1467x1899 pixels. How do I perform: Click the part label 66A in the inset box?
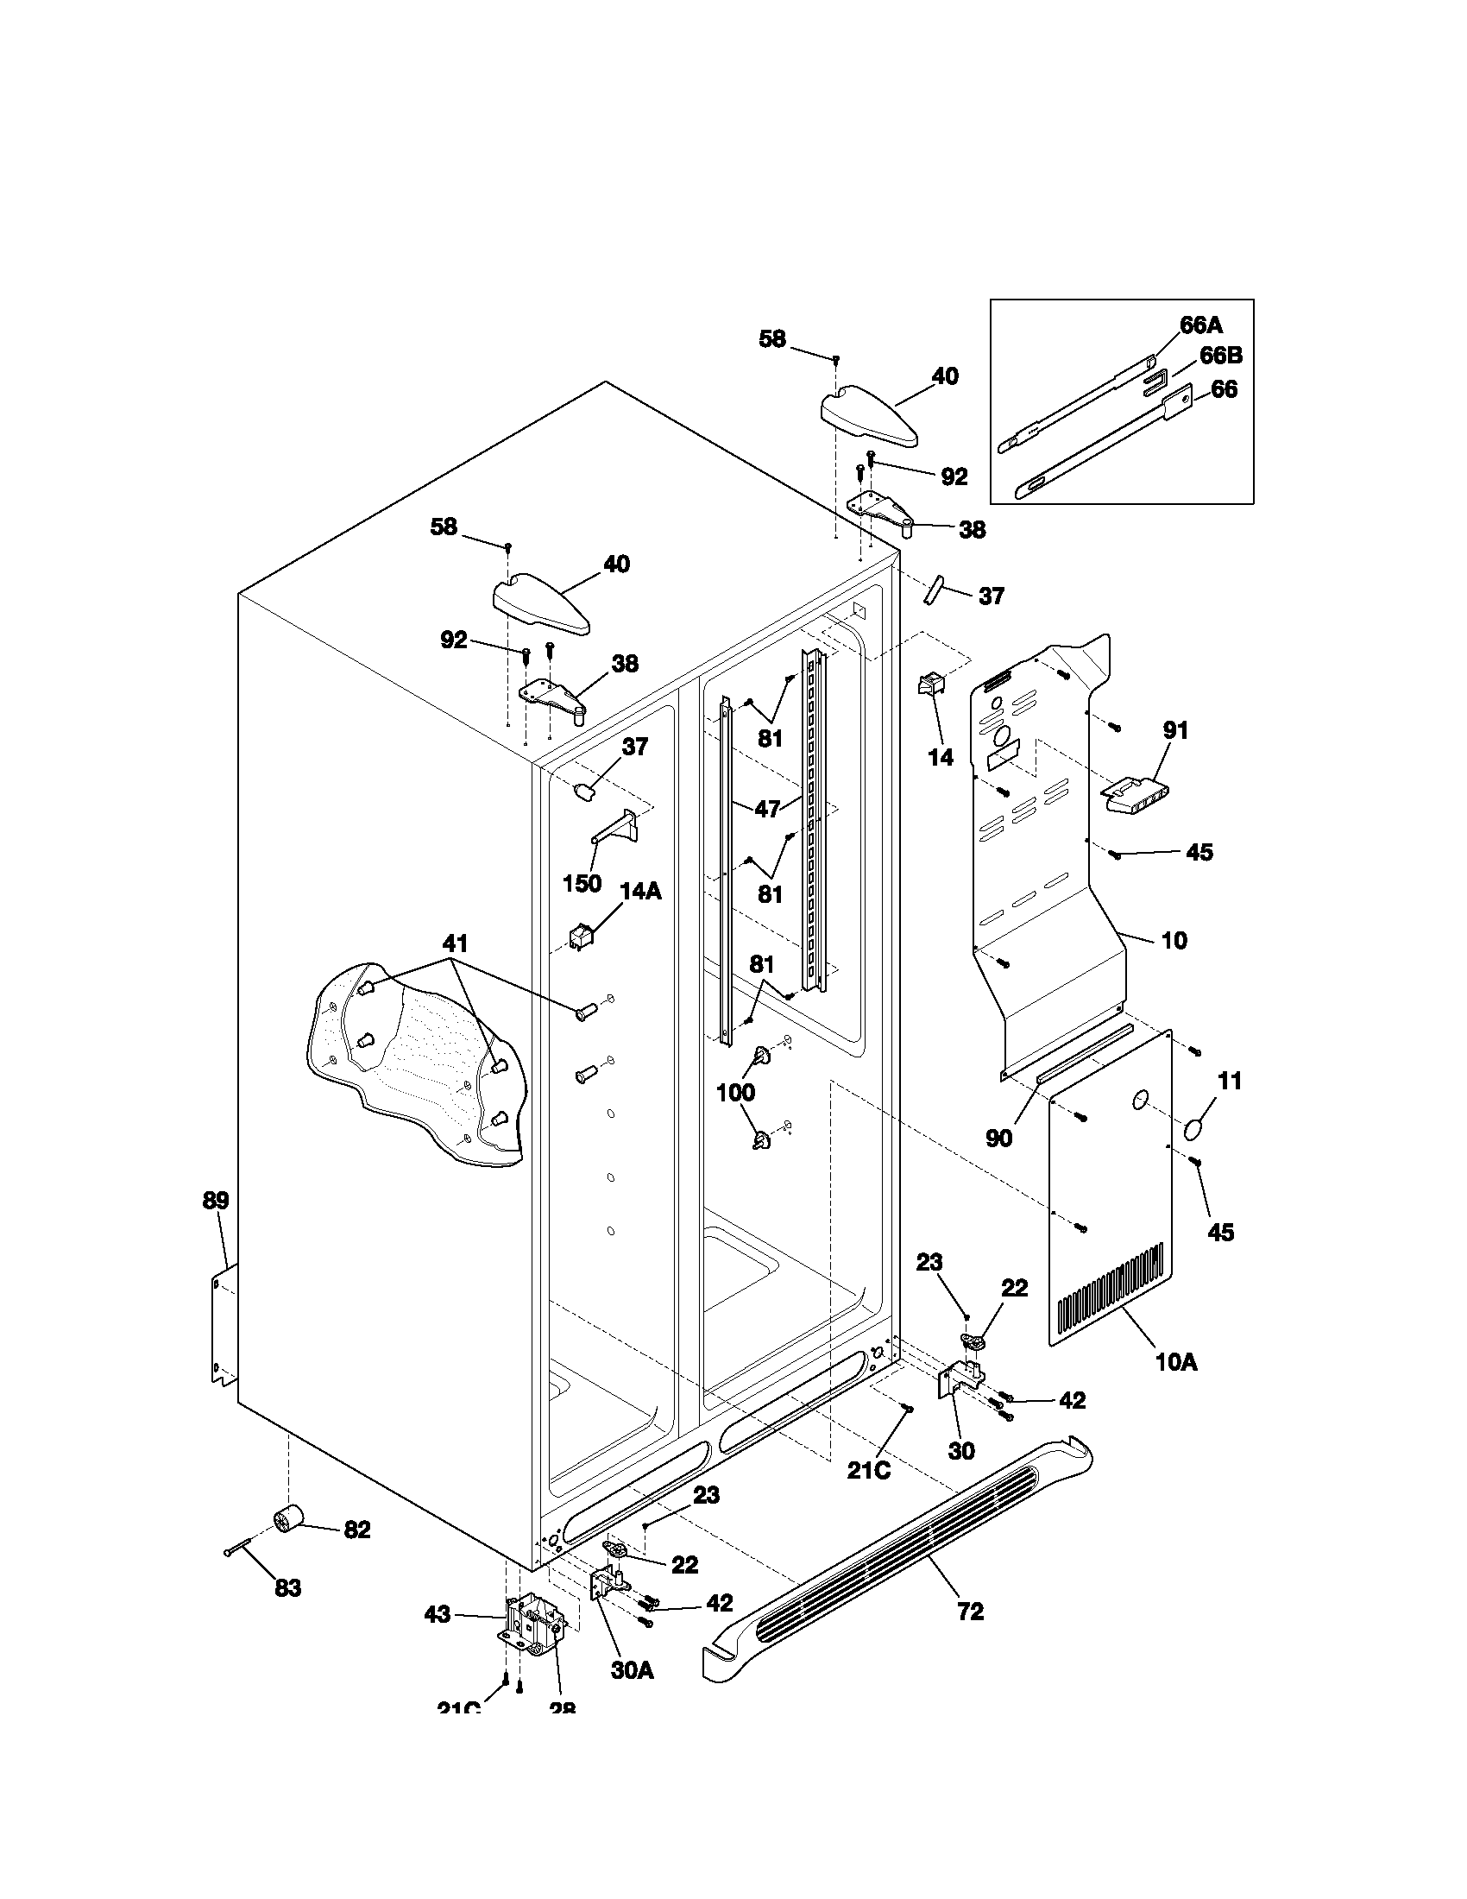(1200, 325)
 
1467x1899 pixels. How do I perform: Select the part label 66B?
(1220, 356)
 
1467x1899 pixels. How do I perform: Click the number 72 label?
(970, 1612)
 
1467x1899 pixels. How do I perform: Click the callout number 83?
(287, 1587)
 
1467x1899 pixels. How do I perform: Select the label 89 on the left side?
(216, 1201)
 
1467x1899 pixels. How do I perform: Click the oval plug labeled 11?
(1197, 1130)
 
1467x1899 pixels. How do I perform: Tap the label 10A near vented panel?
(1176, 1362)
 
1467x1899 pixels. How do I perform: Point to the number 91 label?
(1175, 730)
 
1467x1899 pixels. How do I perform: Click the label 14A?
(640, 892)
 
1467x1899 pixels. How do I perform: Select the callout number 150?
(582, 883)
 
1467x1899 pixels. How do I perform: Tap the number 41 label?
(456, 943)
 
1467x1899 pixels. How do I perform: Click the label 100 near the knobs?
(735, 1093)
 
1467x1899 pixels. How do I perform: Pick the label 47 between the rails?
(766, 809)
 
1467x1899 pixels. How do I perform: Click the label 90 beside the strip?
(998, 1138)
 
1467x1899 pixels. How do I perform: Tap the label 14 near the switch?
(941, 757)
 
